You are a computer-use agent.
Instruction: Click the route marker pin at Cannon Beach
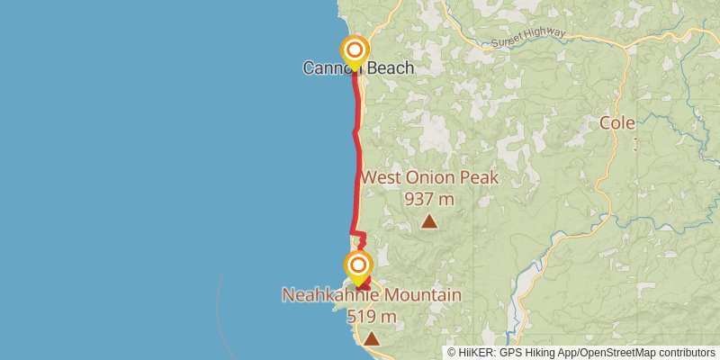pyautogui.click(x=355, y=50)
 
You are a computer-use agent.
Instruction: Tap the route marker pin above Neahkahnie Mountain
pyautogui.click(x=358, y=265)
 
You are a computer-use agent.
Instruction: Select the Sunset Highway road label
pyautogui.click(x=528, y=38)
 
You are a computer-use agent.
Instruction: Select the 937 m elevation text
pyautogui.click(x=429, y=199)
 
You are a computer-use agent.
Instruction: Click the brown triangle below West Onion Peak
pyautogui.click(x=429, y=221)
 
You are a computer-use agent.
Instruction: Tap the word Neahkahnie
pyautogui.click(x=328, y=295)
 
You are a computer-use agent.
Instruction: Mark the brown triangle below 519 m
pyautogui.click(x=371, y=338)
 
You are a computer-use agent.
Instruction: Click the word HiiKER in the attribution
pyautogui.click(x=476, y=352)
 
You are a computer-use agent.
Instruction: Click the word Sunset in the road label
pyautogui.click(x=508, y=41)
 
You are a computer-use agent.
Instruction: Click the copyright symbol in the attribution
pyautogui.click(x=452, y=352)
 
